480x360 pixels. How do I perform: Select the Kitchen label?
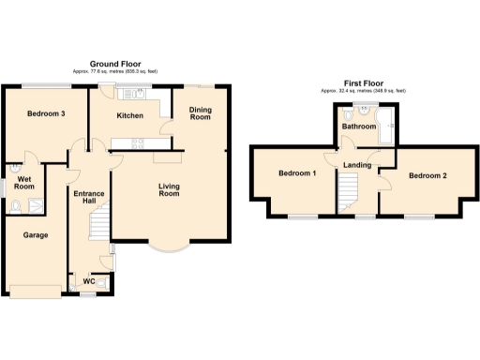click(129, 115)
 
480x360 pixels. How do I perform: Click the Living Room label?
click(169, 188)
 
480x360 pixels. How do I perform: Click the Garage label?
click(36, 234)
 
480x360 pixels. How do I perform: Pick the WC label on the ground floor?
click(87, 280)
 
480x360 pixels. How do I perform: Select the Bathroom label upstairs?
click(357, 126)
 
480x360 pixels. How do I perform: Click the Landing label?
click(358, 166)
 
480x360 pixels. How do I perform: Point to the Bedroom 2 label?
click(427, 174)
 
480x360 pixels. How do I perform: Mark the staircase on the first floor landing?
click(349, 192)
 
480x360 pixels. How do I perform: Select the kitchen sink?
click(140, 92)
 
